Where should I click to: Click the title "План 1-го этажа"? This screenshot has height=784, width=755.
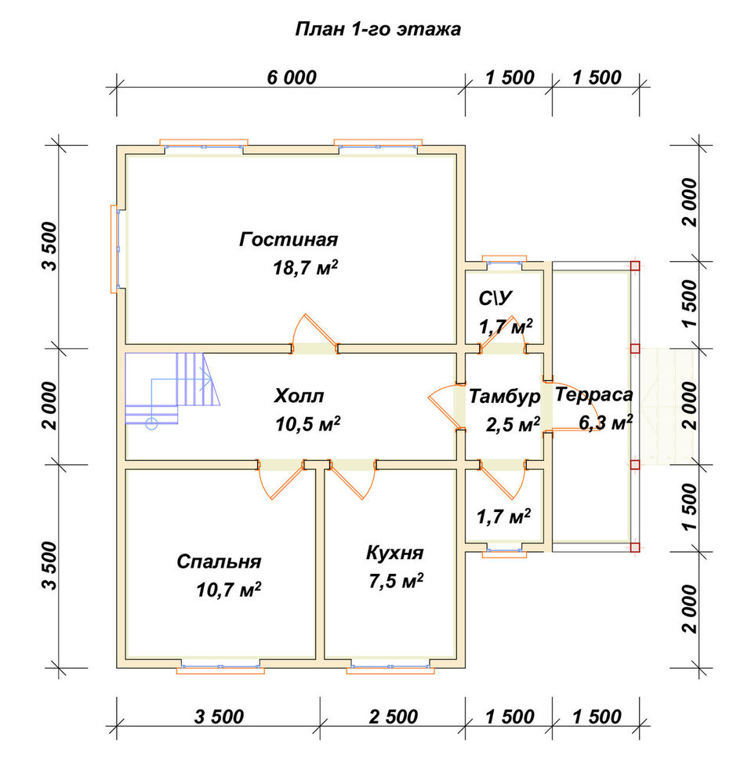coord(378,30)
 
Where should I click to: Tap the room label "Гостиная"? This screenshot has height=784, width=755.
coord(289,239)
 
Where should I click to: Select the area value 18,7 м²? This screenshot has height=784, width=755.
coord(305,267)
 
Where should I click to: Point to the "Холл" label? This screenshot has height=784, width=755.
coord(299,396)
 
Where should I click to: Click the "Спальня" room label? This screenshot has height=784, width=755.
coord(219,562)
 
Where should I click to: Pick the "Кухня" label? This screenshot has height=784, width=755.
coord(394,553)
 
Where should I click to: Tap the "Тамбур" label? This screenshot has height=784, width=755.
coord(504,397)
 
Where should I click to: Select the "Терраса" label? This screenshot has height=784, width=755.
coord(594,394)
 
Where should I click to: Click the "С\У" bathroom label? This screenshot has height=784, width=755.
coord(495,298)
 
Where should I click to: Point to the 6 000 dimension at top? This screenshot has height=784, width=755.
coord(292,78)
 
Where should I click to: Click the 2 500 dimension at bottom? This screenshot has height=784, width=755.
coord(394,717)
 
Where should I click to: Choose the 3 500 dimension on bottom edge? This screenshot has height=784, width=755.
coord(219,717)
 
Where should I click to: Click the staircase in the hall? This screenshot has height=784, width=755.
coord(172,389)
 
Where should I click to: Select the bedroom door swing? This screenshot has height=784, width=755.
coord(281,480)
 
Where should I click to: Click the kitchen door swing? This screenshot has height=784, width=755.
coord(353,480)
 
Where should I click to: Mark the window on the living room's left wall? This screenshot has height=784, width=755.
coord(117,249)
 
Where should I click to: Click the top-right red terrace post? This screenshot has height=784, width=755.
coord(635,266)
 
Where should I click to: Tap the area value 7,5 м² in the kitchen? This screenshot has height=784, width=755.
coord(396,581)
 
